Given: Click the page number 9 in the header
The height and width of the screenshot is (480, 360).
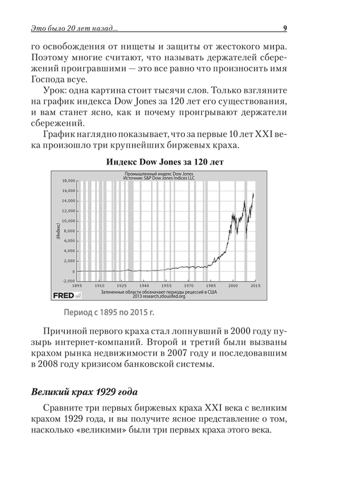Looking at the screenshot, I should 285,28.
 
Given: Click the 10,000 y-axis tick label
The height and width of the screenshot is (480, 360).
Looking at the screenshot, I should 69,221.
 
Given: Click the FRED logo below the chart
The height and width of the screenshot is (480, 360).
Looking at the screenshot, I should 63,295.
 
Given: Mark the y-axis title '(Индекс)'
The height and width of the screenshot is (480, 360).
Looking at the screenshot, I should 57,231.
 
